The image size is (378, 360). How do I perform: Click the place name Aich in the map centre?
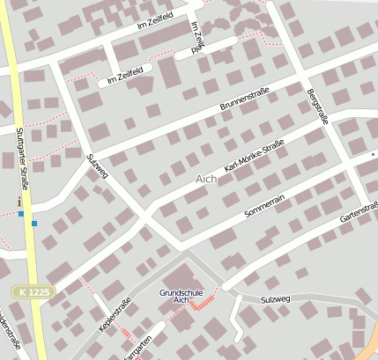(205, 179)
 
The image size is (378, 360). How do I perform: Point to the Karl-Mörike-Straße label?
(255, 155)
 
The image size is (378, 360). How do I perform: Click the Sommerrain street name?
(265, 199)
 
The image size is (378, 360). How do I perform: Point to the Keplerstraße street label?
(115, 315)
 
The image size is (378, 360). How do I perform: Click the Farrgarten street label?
(139, 347)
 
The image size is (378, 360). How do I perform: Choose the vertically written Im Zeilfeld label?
(197, 39)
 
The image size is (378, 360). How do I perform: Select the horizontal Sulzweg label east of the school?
(275, 299)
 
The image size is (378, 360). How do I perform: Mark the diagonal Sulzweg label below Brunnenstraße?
(97, 165)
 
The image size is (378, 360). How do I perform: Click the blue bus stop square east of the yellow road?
(34, 224)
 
